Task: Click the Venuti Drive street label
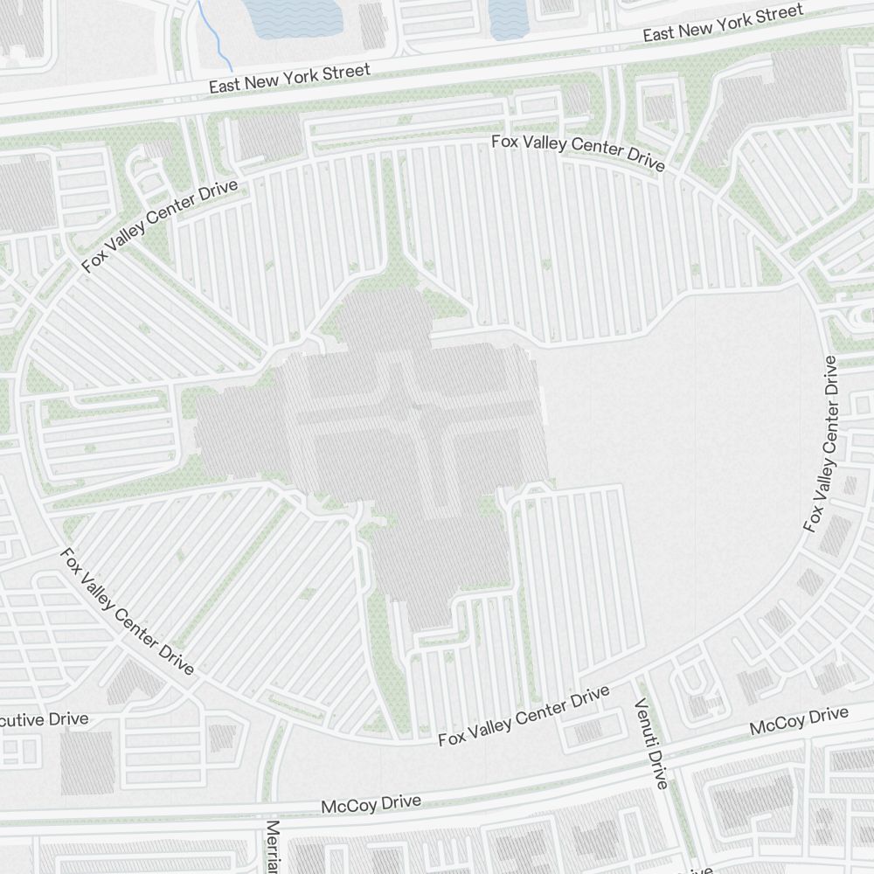(x=651, y=744)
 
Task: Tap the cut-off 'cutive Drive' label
(x=44, y=719)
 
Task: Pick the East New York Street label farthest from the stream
(x=722, y=24)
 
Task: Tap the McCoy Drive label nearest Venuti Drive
(x=799, y=722)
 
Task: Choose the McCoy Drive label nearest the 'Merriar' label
(x=371, y=803)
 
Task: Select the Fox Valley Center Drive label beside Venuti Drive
(x=524, y=716)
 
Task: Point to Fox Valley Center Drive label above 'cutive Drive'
(x=126, y=612)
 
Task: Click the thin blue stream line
(x=214, y=35)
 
